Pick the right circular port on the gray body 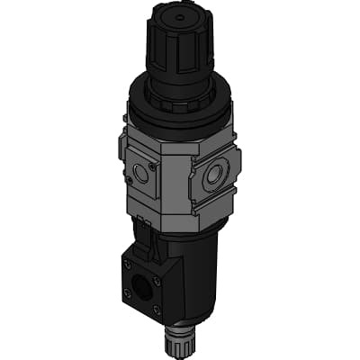click(214, 176)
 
